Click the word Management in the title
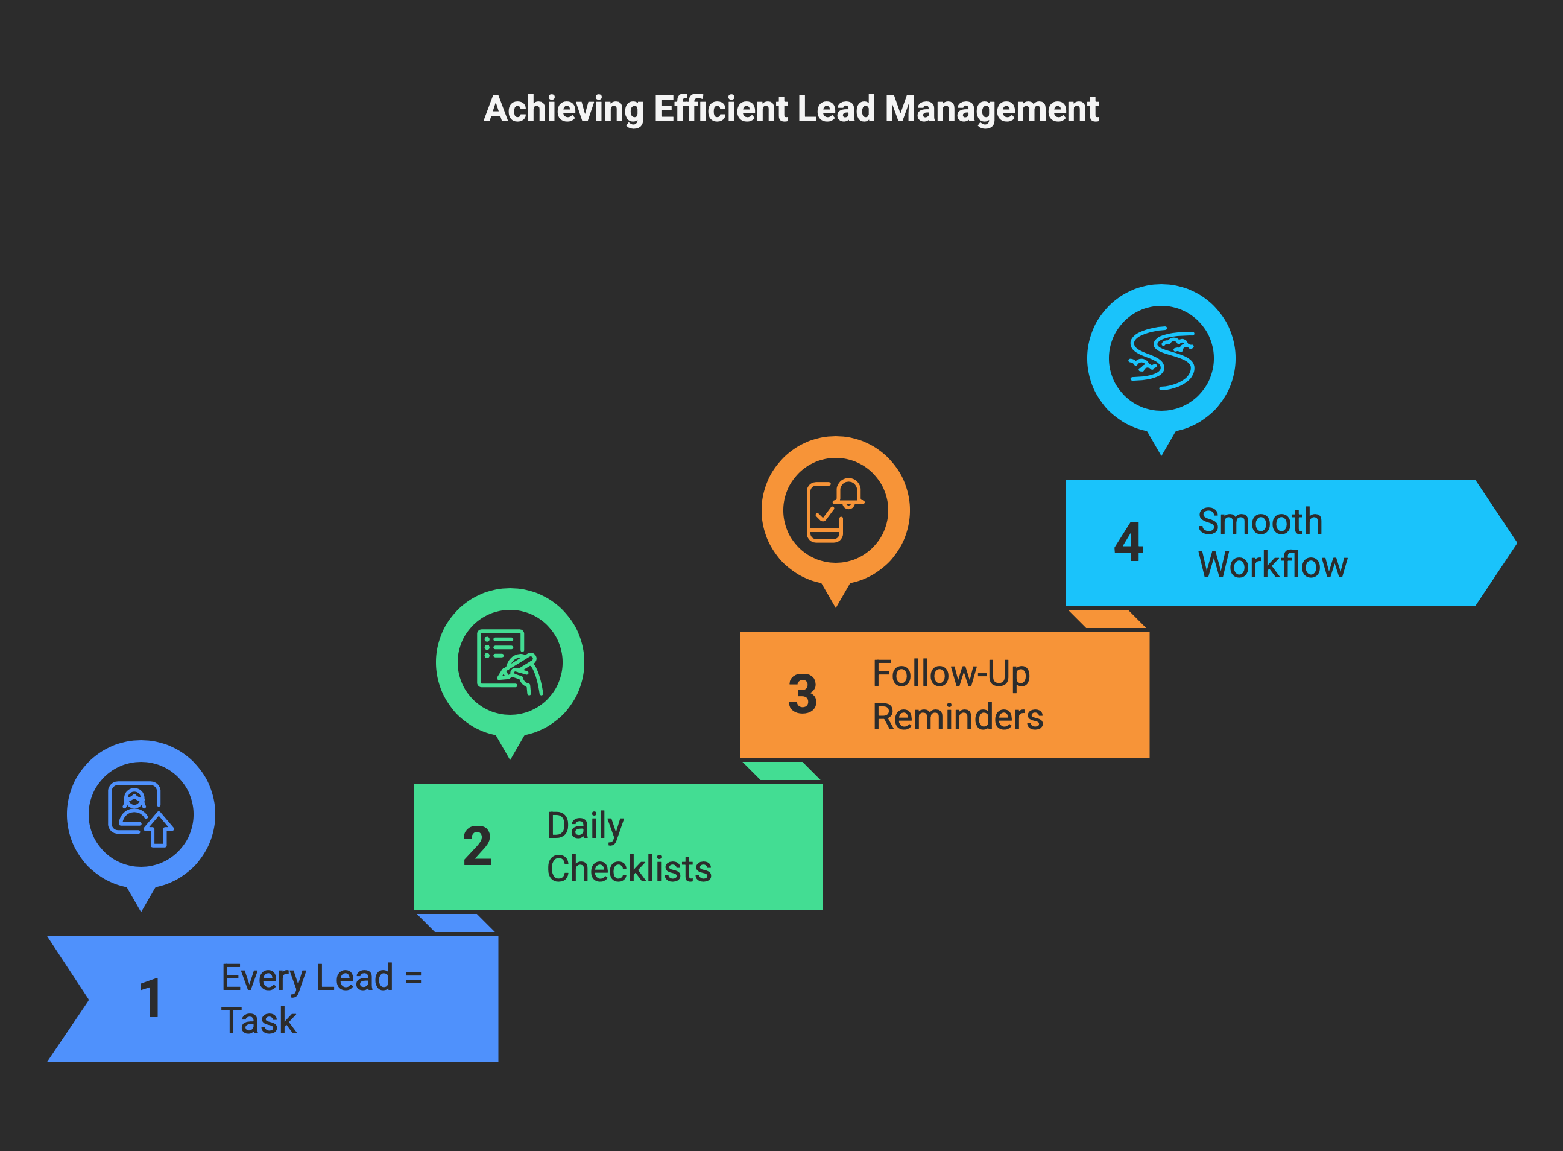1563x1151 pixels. click(x=992, y=110)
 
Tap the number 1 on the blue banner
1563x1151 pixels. click(x=150, y=998)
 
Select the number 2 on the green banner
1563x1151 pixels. click(x=477, y=846)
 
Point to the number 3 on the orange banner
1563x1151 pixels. click(x=803, y=694)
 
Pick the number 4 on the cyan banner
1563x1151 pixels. click(x=1128, y=542)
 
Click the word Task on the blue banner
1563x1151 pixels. click(x=259, y=1021)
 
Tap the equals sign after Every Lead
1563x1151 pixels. click(x=413, y=977)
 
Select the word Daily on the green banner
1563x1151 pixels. click(x=585, y=827)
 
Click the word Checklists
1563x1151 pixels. click(x=630, y=869)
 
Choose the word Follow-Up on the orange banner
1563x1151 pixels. click(x=952, y=674)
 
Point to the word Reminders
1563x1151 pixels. click(x=958, y=717)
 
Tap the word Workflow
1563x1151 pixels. click(x=1272, y=565)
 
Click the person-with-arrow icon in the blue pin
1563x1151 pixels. click(x=141, y=814)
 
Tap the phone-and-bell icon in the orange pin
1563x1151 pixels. click(x=835, y=510)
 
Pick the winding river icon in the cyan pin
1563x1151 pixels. click(x=1161, y=358)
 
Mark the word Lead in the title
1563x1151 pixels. click(x=836, y=109)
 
